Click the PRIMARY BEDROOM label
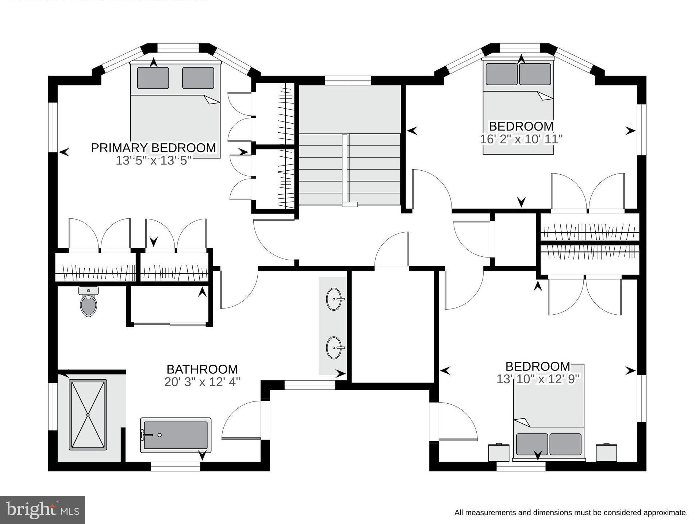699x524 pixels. [x=153, y=148]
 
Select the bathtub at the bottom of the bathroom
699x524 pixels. [x=176, y=435]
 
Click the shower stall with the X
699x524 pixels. [x=88, y=415]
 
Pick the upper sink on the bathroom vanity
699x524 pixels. [x=334, y=299]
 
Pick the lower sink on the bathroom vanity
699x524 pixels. [x=334, y=348]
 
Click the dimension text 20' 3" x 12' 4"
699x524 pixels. [x=202, y=382]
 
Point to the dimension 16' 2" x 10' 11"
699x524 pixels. [x=521, y=139]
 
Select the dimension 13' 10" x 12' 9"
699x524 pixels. [x=538, y=379]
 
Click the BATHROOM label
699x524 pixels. [x=202, y=369]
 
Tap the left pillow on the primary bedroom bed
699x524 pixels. [x=153, y=78]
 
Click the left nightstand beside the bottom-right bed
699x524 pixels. [x=499, y=453]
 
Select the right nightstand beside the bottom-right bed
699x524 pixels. [x=606, y=453]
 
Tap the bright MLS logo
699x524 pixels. [x=42, y=510]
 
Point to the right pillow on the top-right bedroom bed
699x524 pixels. [x=535, y=74]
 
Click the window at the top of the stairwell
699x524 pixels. [x=347, y=80]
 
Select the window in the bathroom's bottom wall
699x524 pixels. [x=176, y=466]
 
